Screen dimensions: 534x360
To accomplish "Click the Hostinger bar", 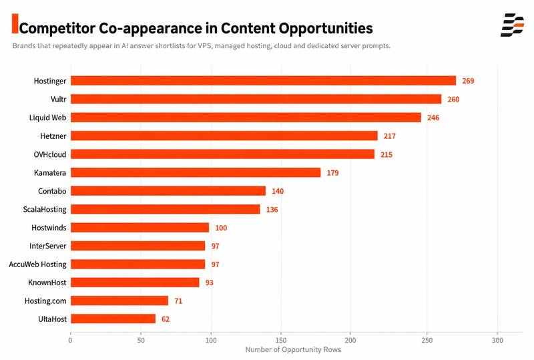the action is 263,80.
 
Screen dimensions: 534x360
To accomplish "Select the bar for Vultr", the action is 256,99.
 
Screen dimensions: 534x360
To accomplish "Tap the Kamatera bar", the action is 196,172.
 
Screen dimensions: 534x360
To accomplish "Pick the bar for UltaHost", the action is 113,319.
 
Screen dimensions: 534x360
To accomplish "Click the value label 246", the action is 433,118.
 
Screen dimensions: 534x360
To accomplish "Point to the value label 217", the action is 390,136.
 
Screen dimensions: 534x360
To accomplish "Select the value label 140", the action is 278,191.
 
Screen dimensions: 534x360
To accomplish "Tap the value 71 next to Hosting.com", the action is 178,301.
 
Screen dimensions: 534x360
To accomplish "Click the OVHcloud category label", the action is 49,154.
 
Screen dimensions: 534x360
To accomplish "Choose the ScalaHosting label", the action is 45,209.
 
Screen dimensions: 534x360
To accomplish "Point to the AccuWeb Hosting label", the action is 37,264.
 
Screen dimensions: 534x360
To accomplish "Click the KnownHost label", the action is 47,283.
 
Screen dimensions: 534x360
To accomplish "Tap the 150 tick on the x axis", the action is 281,340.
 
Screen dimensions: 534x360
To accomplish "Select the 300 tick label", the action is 497,340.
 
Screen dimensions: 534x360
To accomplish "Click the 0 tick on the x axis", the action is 71,340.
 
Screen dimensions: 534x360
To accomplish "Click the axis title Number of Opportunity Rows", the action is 293,349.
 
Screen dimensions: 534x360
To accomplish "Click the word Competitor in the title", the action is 57,28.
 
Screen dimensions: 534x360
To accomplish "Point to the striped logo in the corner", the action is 513,25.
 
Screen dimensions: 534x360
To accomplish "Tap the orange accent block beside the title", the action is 15,23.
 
